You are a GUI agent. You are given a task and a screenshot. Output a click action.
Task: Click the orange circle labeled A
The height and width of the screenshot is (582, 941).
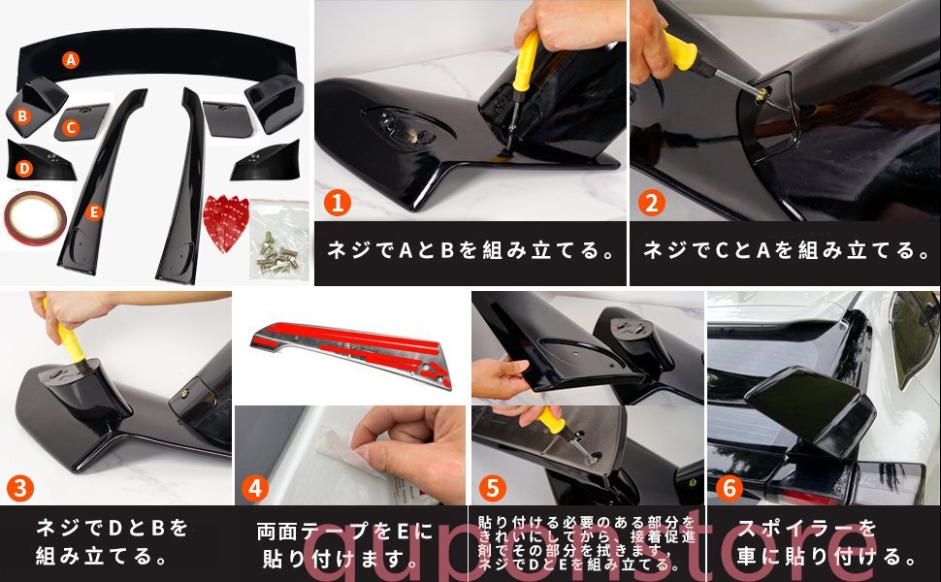(71, 59)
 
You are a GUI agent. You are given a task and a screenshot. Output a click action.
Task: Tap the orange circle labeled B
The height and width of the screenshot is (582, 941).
(21, 116)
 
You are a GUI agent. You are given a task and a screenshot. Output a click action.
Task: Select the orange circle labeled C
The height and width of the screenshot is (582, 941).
(71, 126)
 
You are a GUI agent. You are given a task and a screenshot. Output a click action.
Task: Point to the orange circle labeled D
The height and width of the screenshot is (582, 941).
(24, 168)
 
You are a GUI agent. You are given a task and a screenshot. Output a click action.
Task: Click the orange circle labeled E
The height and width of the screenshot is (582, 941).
(93, 210)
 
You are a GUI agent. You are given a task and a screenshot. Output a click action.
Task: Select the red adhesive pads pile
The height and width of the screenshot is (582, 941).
(225, 221)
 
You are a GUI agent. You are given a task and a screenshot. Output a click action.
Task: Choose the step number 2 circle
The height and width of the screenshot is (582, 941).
(652, 203)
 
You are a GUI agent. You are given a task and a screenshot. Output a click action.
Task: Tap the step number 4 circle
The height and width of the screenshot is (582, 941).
(255, 489)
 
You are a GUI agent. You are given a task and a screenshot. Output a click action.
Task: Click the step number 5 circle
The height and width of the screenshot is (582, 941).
(493, 489)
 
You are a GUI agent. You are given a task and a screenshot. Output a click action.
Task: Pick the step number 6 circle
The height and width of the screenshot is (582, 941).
(730, 489)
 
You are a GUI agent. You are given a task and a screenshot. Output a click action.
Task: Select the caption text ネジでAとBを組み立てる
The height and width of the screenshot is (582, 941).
(470, 250)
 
